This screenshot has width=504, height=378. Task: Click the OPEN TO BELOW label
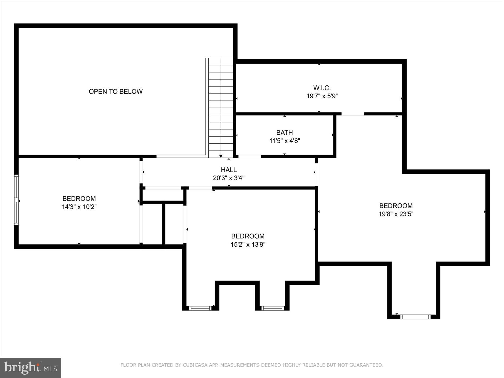(x=116, y=92)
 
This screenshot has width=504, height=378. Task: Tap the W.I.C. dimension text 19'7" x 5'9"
(x=322, y=96)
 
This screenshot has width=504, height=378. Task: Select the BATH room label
(x=284, y=132)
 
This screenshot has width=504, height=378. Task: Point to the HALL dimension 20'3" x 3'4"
(x=229, y=178)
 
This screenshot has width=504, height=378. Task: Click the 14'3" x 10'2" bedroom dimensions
(x=79, y=207)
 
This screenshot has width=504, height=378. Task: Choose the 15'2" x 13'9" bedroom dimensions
(x=248, y=245)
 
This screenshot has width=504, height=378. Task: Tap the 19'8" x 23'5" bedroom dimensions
(x=396, y=214)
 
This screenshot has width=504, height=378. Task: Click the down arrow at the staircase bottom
(x=221, y=156)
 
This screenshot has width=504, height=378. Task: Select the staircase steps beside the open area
(x=221, y=106)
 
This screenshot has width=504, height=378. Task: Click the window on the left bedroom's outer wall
(x=17, y=200)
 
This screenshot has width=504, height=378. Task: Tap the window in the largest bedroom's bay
(x=415, y=317)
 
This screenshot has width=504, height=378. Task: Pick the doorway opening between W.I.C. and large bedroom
(x=353, y=114)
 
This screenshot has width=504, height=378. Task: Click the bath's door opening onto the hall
(x=249, y=156)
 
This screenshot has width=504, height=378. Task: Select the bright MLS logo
(x=31, y=368)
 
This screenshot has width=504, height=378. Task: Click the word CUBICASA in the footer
(x=194, y=365)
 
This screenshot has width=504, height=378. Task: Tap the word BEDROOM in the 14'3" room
(x=79, y=199)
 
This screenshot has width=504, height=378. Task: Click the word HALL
(x=229, y=170)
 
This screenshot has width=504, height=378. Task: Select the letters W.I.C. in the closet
(x=322, y=88)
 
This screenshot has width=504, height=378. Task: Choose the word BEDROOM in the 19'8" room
(x=396, y=206)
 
